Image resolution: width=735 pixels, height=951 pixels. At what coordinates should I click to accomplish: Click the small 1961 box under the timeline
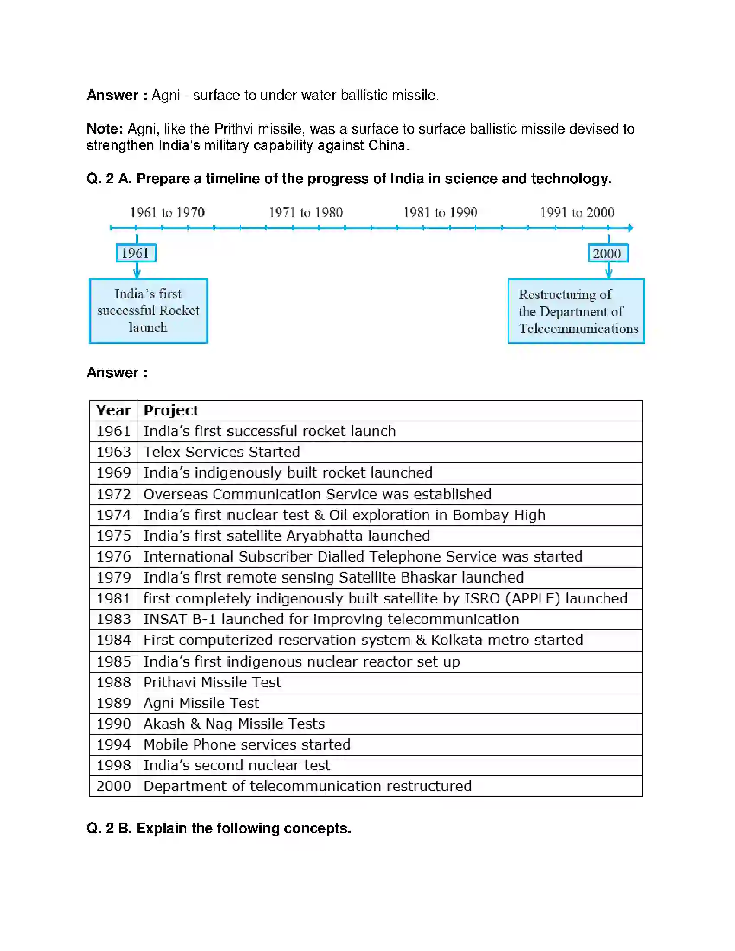(x=136, y=253)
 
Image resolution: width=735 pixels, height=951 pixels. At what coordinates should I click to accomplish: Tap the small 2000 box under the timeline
(x=608, y=253)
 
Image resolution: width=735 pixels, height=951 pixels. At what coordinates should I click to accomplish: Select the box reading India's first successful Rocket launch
(x=148, y=311)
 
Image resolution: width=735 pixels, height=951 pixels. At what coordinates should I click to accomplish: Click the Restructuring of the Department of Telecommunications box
(x=575, y=311)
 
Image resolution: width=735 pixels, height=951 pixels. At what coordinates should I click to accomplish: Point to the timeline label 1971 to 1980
(x=306, y=213)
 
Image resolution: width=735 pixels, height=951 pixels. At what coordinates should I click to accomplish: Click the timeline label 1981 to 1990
(x=440, y=213)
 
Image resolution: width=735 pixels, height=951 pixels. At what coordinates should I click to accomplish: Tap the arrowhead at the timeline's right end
(x=630, y=228)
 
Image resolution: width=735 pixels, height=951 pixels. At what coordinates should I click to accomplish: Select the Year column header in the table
(x=113, y=411)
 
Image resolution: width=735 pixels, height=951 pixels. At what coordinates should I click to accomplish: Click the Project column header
(x=171, y=411)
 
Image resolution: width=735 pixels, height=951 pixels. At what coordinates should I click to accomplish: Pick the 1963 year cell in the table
(x=113, y=452)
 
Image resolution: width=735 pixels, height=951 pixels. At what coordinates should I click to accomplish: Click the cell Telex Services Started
(x=222, y=452)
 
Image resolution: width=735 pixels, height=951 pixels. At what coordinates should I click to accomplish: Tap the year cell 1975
(x=113, y=536)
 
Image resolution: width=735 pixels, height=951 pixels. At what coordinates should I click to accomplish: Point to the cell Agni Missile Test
(x=201, y=703)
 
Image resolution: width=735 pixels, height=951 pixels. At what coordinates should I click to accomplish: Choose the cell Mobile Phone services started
(x=247, y=745)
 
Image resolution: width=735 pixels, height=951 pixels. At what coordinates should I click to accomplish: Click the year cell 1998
(x=113, y=766)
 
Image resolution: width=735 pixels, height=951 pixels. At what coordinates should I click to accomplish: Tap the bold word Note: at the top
(x=105, y=129)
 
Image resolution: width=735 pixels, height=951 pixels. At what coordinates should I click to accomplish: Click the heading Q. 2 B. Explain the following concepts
(x=219, y=828)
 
